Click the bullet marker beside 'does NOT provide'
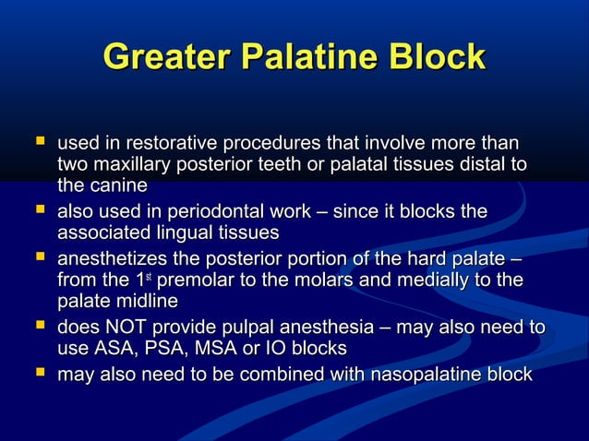39,327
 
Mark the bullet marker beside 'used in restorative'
39,143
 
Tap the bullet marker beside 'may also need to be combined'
39,375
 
